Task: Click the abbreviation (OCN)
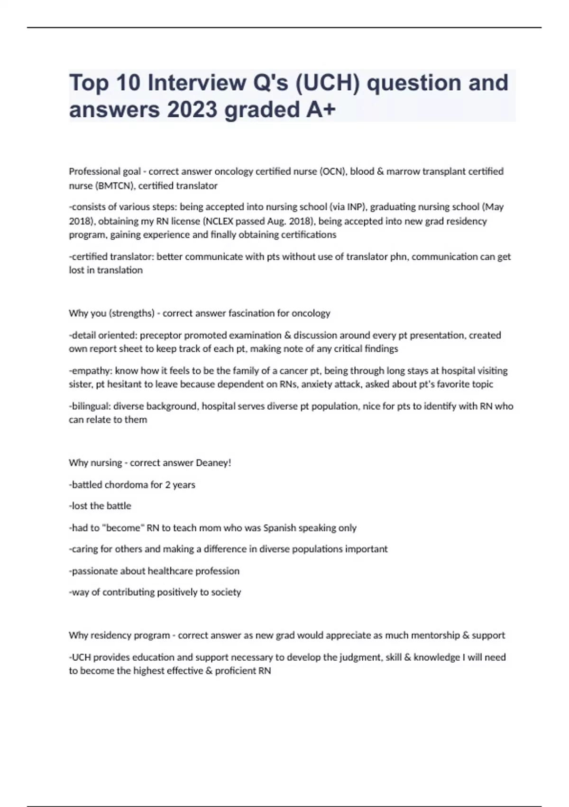(333, 171)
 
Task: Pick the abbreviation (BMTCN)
(114, 186)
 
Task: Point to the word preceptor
(160, 335)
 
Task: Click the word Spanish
(279, 528)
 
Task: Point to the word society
(226, 592)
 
